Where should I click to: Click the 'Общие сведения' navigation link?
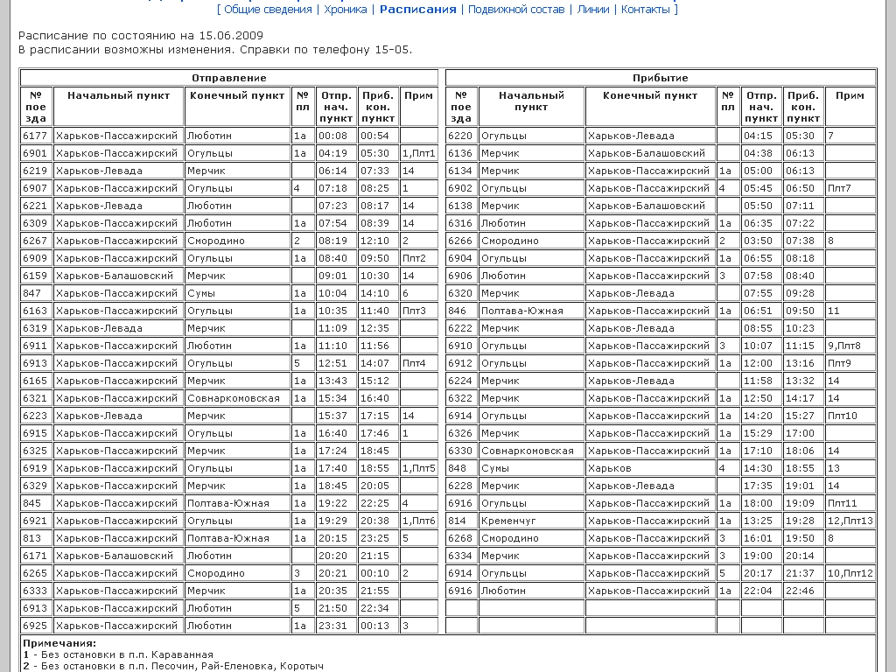268,10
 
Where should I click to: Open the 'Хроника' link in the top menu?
346,10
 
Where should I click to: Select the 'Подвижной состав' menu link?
516,10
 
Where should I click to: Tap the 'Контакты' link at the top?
646,10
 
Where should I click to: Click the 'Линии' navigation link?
593,10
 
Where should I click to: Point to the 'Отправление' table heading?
229,78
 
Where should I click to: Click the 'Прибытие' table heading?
661,78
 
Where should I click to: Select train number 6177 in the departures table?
35,136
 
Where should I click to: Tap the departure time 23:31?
332,626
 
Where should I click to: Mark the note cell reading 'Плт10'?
843,416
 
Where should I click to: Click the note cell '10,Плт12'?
850,573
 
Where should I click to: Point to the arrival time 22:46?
800,591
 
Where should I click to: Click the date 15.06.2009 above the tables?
230,36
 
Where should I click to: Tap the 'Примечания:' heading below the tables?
59,643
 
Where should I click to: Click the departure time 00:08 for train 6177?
332,136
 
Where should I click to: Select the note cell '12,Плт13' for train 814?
850,521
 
